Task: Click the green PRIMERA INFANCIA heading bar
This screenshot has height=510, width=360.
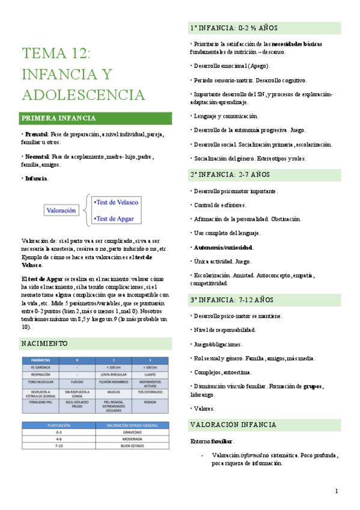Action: pyautogui.click(x=96, y=118)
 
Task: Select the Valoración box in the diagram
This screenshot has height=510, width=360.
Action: pyautogui.click(x=62, y=210)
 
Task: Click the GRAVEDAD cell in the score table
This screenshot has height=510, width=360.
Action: pyautogui.click(x=132, y=432)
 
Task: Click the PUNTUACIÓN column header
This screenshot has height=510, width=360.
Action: pyautogui.click(x=58, y=425)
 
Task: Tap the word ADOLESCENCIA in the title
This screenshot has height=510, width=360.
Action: pyautogui.click(x=84, y=95)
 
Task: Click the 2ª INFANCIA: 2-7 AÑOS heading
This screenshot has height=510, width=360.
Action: pyautogui.click(x=230, y=174)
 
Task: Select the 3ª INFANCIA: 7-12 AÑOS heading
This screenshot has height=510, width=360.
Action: pyautogui.click(x=232, y=299)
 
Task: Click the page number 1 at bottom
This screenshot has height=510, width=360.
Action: pyautogui.click(x=337, y=491)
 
